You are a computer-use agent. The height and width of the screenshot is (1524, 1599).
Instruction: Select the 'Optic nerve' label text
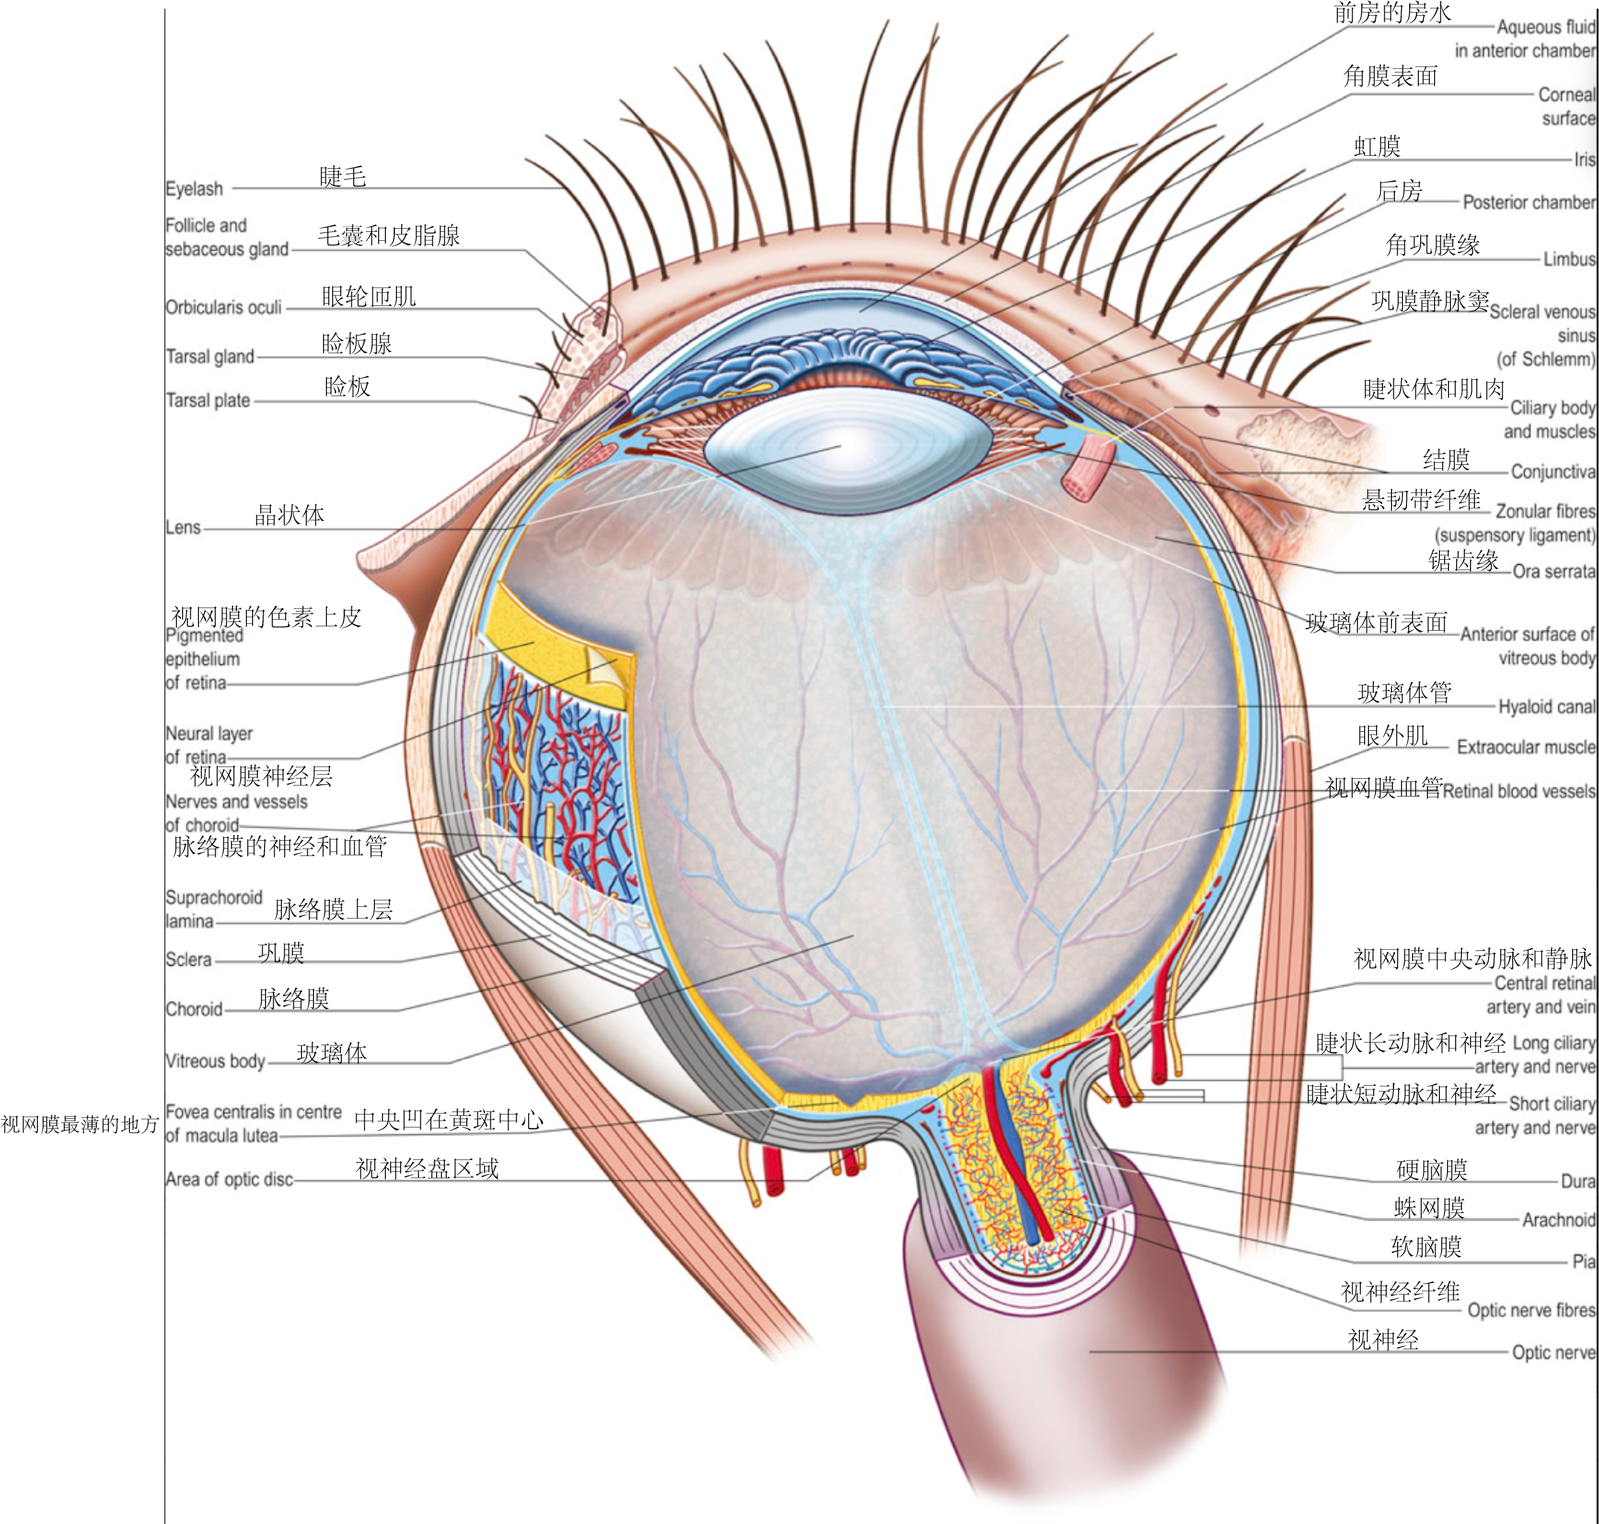coord(1553,1353)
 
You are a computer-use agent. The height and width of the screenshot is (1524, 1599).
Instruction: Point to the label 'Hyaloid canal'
coord(1546,707)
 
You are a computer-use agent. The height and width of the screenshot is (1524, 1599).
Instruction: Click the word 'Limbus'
coord(1569,259)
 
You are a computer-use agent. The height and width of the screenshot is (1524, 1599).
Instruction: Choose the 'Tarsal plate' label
coord(208,400)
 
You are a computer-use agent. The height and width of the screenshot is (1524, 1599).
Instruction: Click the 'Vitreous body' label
coord(215,1061)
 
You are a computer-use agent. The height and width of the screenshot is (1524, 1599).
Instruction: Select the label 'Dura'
coord(1578,1181)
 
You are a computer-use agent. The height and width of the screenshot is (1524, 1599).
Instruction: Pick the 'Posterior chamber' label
coord(1529,202)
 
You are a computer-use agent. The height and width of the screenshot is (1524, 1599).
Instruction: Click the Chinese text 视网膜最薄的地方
coord(80,1125)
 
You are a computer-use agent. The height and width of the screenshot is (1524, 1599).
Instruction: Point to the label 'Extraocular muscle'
coord(1525,748)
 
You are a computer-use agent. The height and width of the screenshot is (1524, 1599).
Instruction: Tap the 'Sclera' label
coord(188,960)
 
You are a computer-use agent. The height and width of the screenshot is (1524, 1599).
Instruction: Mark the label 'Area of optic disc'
coord(229,1180)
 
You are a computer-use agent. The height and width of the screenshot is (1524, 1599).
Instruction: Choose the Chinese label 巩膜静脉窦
coord(1429,301)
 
